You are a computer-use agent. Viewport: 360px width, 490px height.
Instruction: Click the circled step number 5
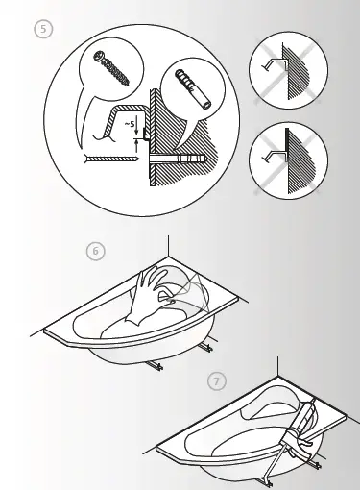point(40,29)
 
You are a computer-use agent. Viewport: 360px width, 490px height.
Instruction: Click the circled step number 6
point(94,252)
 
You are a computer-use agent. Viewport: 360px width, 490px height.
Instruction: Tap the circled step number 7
point(218,381)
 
